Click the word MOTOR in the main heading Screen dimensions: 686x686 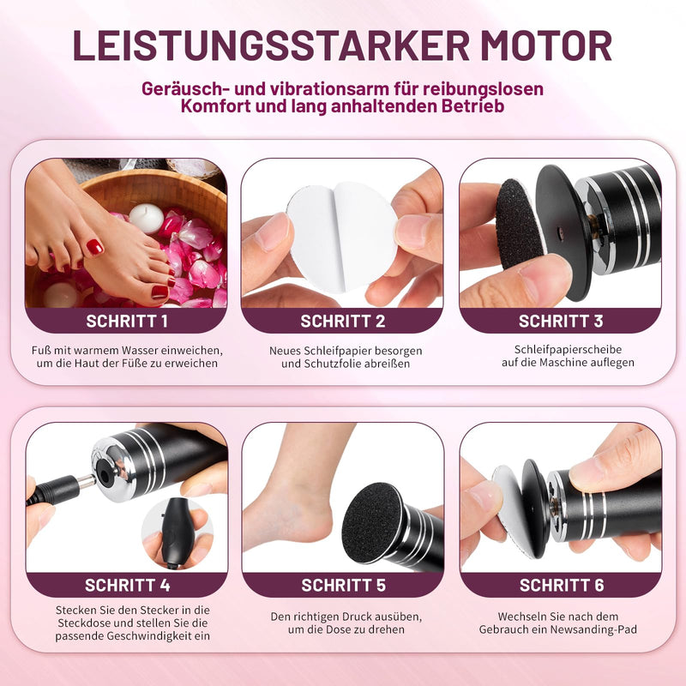(545, 45)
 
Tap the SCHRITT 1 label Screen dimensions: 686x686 (127, 321)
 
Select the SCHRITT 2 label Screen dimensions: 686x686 (342, 321)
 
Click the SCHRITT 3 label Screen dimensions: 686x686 (561, 321)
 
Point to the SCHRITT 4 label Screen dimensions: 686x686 (127, 585)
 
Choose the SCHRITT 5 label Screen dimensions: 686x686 (344, 585)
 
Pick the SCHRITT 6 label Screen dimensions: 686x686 (562, 585)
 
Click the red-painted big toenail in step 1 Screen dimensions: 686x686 (95, 247)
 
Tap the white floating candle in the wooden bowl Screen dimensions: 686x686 (146, 218)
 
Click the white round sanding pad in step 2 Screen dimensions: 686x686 (342, 237)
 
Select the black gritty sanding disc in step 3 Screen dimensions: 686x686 (521, 223)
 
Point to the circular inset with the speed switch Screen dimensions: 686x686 (178, 533)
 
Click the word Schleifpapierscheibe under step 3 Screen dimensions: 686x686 (568, 350)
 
